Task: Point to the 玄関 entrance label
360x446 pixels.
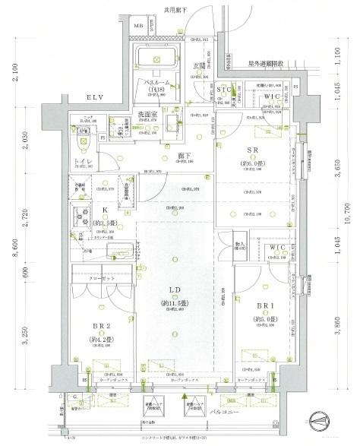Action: (200, 65)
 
